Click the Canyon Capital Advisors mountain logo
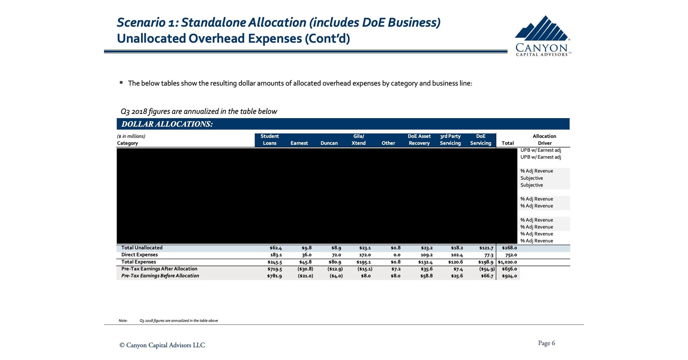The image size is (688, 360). pos(542,36)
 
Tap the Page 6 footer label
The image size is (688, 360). pos(546,343)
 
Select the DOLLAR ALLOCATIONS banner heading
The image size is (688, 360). pos(167,124)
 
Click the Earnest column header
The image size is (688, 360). pos(299,143)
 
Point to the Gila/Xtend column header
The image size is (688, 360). pos(359,140)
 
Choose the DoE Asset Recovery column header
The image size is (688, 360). pos(419,140)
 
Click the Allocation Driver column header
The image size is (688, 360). pos(544,140)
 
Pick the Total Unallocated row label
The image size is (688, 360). pos(142,248)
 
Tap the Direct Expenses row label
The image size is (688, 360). pos(140,255)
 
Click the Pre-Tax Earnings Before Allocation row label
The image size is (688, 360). pos(160,276)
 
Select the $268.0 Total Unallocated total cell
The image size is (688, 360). pos(509,248)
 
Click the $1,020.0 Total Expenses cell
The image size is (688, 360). pos(507,262)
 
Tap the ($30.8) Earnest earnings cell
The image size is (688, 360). pos(305,269)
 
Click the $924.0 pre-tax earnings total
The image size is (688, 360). pos(509,276)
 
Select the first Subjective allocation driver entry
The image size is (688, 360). pos(531,178)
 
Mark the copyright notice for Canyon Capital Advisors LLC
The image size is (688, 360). pos(162,345)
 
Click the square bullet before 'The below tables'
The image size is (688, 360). pos(121,83)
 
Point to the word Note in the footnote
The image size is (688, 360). pos(123,321)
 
